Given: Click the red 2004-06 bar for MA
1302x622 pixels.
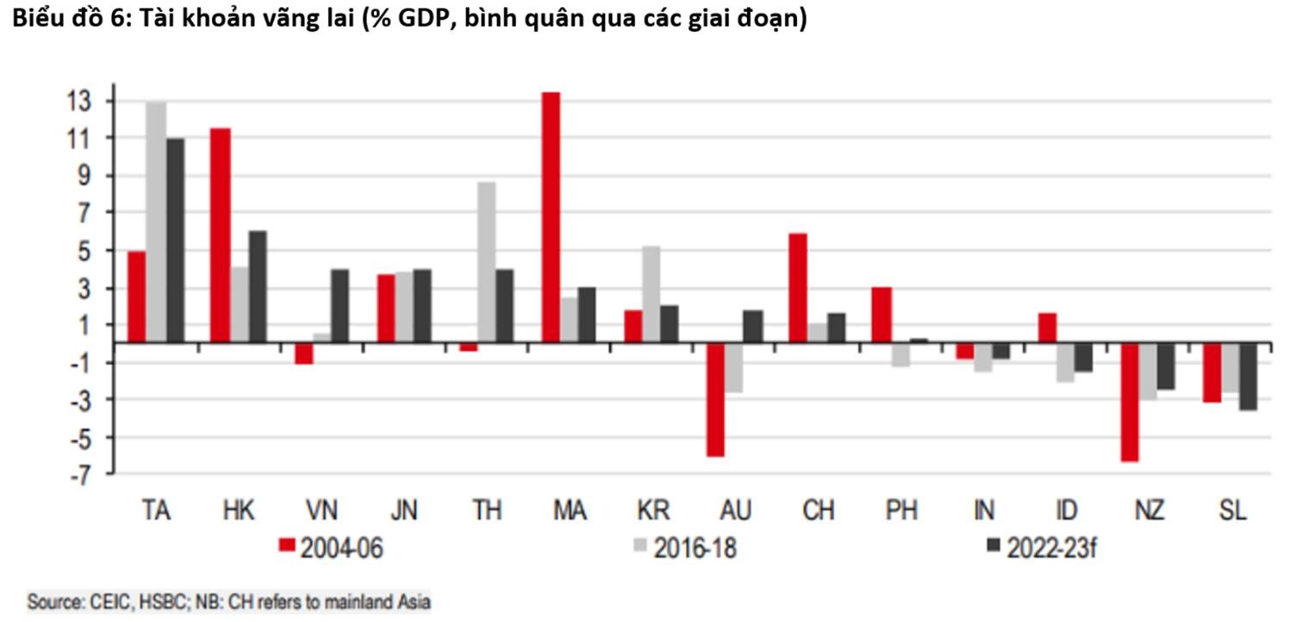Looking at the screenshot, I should coord(551,217).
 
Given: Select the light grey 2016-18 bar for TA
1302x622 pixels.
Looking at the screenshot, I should coord(156,222).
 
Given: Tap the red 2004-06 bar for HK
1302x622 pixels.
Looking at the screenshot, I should coord(220,235).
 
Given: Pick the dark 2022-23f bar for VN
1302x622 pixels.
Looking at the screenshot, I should coord(340,306).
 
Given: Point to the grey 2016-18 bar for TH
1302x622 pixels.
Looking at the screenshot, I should coord(486,262).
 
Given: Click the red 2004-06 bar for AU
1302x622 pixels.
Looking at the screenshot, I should coord(716,399).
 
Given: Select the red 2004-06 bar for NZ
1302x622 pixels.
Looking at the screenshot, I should coord(1130,401).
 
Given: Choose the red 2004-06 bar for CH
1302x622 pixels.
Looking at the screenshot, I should coord(798,288).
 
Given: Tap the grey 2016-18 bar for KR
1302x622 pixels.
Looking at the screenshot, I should coord(652,294).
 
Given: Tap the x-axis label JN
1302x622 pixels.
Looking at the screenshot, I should coord(404,511).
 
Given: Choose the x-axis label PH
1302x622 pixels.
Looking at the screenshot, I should coord(900,511).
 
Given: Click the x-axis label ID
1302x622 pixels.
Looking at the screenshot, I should coord(1066,511).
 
